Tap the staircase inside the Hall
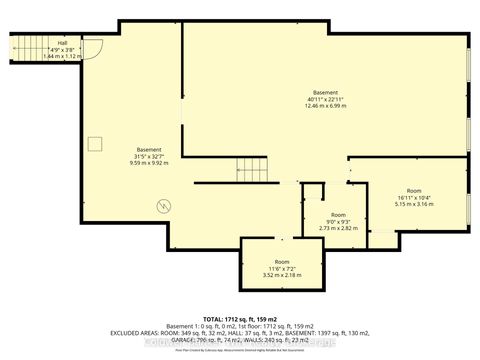[27, 47]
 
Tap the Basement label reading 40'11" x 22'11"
[325, 98]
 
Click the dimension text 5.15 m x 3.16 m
[413, 204]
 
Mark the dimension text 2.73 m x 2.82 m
[338, 228]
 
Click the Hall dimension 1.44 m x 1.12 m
[61, 55]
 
